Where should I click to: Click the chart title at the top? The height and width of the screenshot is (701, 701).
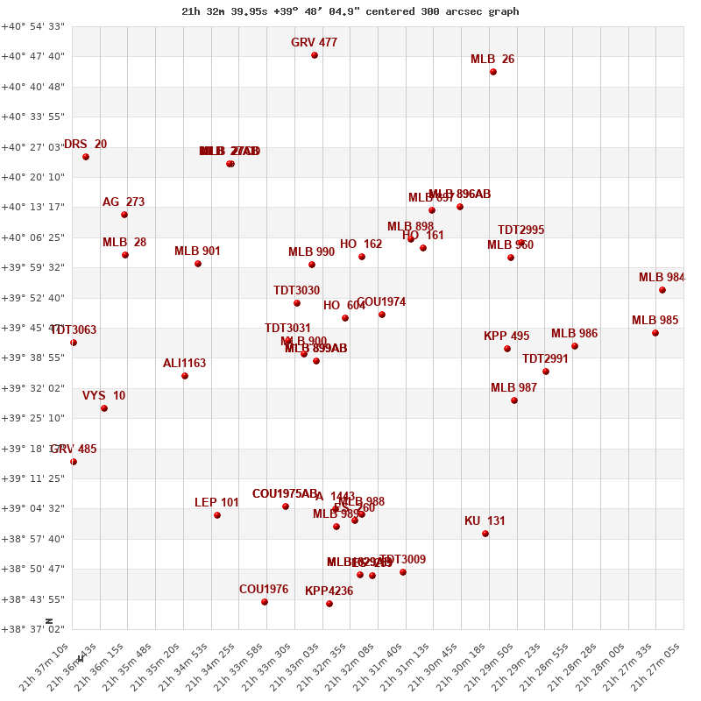pyautogui.click(x=350, y=11)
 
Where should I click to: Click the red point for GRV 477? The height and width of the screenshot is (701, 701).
pyautogui.click(x=315, y=55)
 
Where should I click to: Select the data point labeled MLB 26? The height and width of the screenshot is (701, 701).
pyautogui.click(x=493, y=72)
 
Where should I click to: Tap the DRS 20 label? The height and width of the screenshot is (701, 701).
pyautogui.click(x=85, y=145)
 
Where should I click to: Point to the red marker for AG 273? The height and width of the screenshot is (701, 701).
pyautogui.click(x=124, y=215)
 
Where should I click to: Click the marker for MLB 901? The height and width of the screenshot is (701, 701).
pyautogui.click(x=198, y=264)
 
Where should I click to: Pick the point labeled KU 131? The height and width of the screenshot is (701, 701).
pyautogui.click(x=485, y=534)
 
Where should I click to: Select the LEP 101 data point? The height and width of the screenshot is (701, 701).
pyautogui.click(x=217, y=515)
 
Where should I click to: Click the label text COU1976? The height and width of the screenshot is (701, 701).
pyautogui.click(x=264, y=590)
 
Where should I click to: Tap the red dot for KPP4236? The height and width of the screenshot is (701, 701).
pyautogui.click(x=329, y=604)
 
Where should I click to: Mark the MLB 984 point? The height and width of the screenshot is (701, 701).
pyautogui.click(x=662, y=290)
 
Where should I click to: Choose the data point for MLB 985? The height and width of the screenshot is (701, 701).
pyautogui.click(x=655, y=333)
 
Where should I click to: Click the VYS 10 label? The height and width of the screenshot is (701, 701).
pyautogui.click(x=103, y=396)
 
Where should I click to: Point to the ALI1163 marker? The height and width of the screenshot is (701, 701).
pyautogui.click(x=185, y=376)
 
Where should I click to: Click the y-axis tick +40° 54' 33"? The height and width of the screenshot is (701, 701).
pyautogui.click(x=33, y=26)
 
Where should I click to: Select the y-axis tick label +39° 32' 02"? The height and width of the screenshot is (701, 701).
pyautogui.click(x=33, y=388)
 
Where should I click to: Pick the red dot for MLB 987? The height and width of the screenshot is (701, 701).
pyautogui.click(x=514, y=400)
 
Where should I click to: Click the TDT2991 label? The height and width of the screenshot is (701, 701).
pyautogui.click(x=545, y=359)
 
